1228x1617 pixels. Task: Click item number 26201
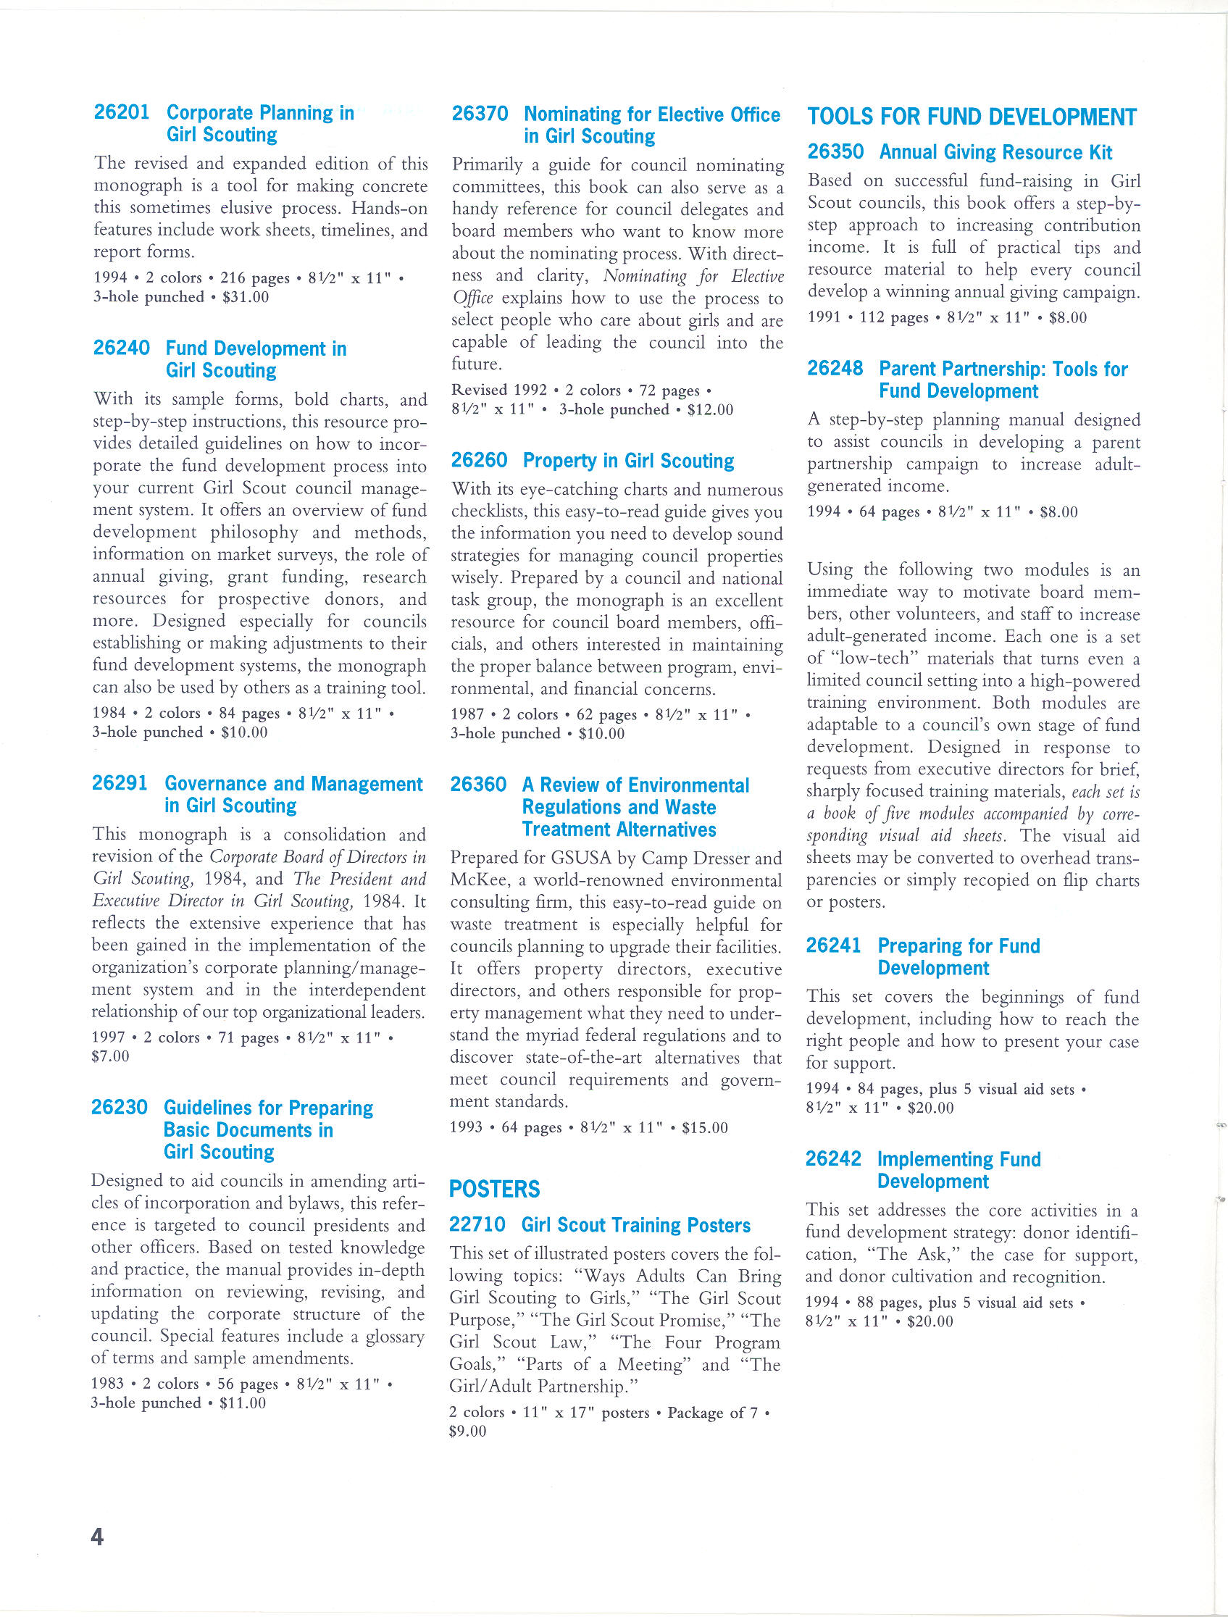click(x=121, y=112)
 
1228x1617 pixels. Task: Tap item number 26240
click(x=121, y=348)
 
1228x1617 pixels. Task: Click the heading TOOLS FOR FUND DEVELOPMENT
click(x=972, y=117)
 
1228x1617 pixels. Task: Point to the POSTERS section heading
click(x=494, y=1190)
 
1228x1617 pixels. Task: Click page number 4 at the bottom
click(x=97, y=1537)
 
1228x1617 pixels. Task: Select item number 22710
click(x=477, y=1225)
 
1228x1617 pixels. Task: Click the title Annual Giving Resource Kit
click(x=995, y=152)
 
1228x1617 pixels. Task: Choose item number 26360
click(x=478, y=785)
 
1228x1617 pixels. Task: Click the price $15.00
click(x=705, y=1127)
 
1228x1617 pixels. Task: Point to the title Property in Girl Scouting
click(x=628, y=461)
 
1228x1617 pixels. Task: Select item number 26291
click(x=120, y=783)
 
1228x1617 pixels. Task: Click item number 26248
click(x=835, y=369)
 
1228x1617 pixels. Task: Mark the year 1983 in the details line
click(x=107, y=1384)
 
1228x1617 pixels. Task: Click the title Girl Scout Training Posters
click(x=636, y=1225)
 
